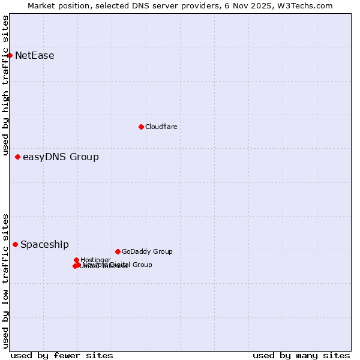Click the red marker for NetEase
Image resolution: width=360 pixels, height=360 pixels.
coord(10,55)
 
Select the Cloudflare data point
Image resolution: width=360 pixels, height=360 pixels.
coord(141,127)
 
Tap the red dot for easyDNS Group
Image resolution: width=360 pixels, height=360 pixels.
coord(17,157)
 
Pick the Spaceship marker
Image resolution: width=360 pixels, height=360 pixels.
coord(15,244)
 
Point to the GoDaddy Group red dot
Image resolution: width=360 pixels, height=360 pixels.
coord(118,251)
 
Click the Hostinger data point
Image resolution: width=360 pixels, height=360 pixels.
coord(76,260)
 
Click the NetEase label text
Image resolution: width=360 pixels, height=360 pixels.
coord(35,56)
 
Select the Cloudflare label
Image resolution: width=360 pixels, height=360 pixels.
coord(161,127)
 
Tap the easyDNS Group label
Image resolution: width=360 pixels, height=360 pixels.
coord(61,157)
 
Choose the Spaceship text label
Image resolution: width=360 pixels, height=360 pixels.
coord(44,245)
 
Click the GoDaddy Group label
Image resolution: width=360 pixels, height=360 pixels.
coord(147,251)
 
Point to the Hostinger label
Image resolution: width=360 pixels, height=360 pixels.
coord(95,260)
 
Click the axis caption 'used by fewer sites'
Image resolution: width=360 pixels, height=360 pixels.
coord(62,355)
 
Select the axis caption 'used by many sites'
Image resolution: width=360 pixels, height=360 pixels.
coord(301,355)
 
